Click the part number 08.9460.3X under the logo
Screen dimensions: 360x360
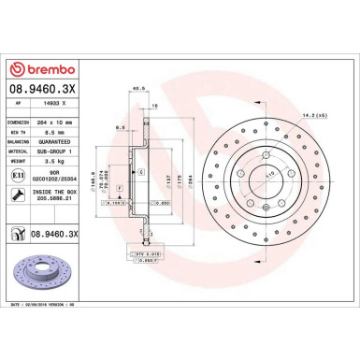click(x=41, y=94)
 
